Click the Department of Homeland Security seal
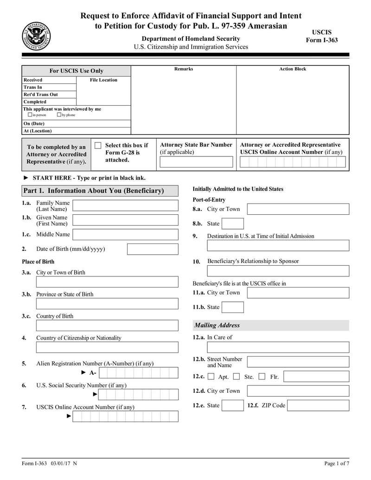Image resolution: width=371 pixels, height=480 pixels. coord(36,36)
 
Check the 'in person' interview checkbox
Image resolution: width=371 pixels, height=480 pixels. coord(30,115)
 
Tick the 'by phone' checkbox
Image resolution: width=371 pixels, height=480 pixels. coord(59,115)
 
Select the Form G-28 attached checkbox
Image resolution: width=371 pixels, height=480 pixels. coord(98,146)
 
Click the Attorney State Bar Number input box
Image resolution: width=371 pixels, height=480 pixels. coord(196,162)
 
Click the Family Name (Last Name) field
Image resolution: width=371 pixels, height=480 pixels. coord(125,205)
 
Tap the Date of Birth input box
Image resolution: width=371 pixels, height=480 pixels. coord(152,249)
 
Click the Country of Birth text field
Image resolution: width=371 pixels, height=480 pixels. coord(107,326)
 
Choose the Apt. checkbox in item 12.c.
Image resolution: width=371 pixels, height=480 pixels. coord(211,377)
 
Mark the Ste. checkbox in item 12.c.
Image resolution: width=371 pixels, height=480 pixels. coord(237,377)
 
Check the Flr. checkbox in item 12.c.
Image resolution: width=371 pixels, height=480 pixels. coord(262,377)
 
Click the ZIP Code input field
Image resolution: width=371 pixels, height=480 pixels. coord(318,406)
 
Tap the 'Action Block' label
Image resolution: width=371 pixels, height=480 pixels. coord(293,69)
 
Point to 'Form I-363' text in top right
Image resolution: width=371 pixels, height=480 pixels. coord(322,40)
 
